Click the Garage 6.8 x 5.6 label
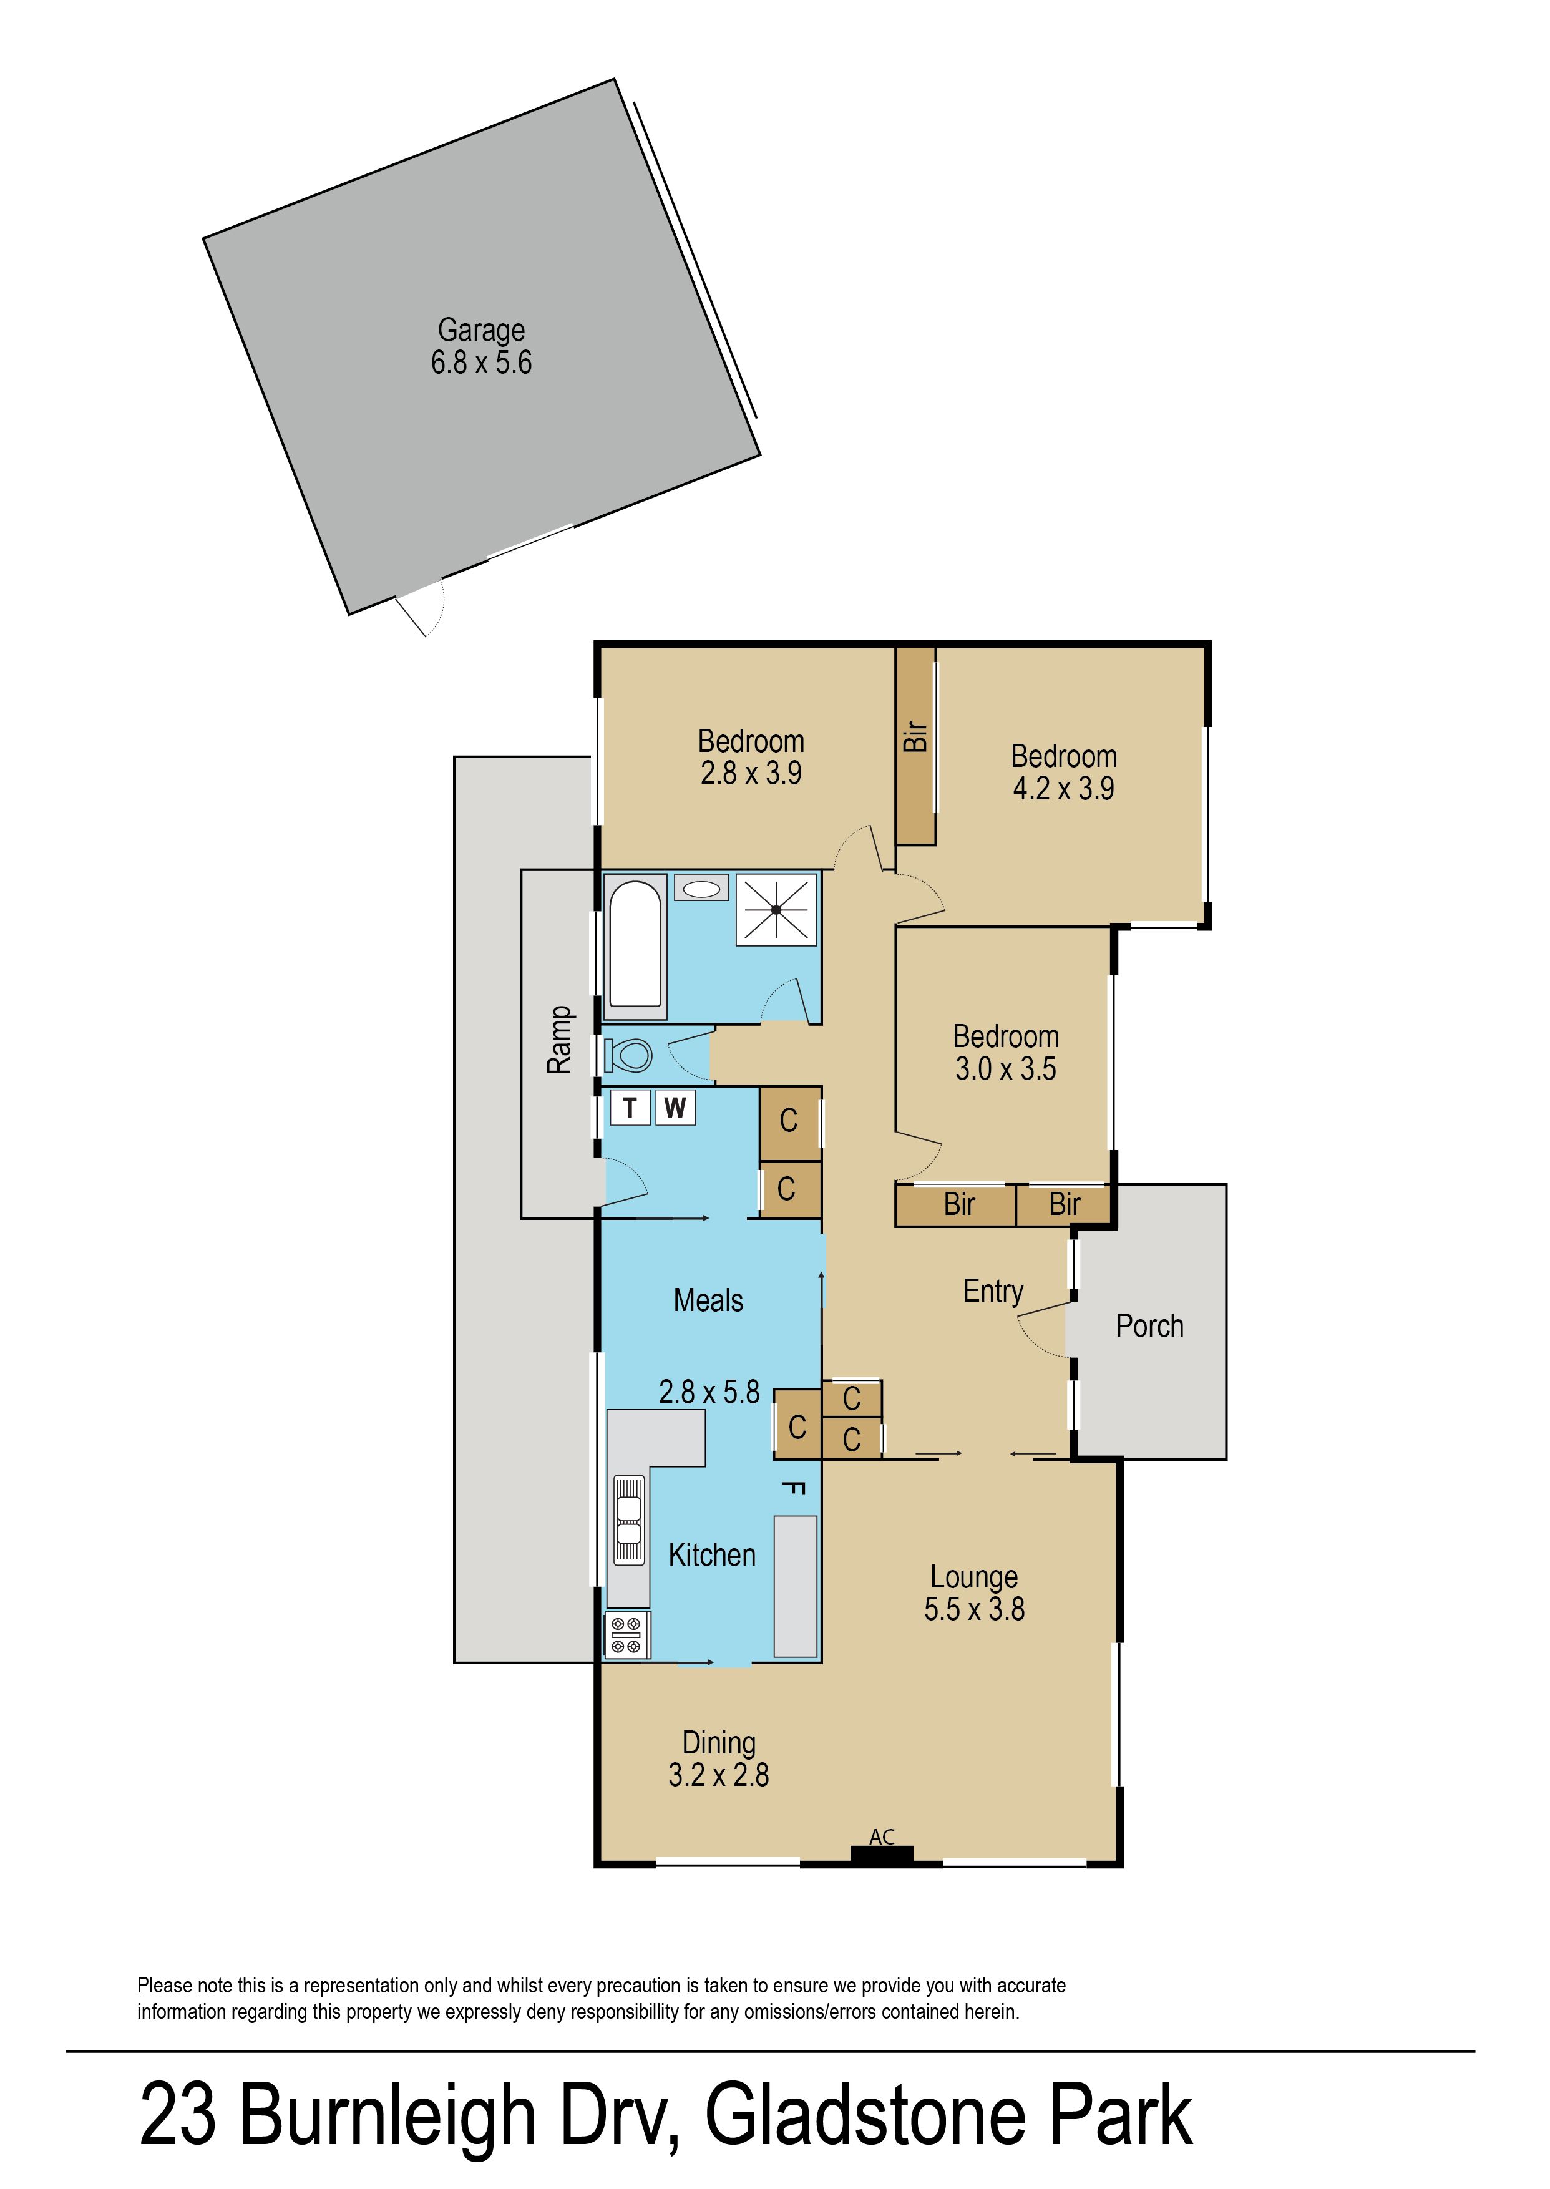(x=481, y=346)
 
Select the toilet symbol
(x=628, y=1055)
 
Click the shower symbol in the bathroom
(x=776, y=909)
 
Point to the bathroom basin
(x=701, y=889)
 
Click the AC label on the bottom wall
(x=882, y=1837)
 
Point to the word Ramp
(x=559, y=1040)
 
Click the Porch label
(x=1149, y=1327)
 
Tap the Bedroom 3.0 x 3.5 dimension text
(x=1005, y=1069)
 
